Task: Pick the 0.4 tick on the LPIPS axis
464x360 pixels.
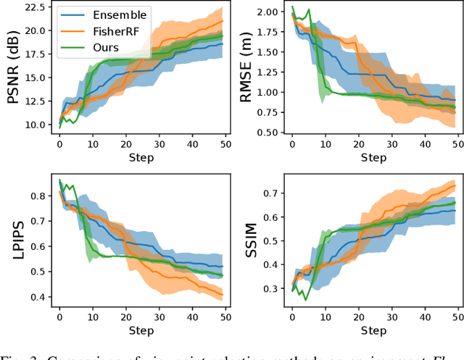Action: [39, 296]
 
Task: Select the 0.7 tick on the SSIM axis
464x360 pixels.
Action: [272, 193]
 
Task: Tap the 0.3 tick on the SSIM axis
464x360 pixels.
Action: [272, 288]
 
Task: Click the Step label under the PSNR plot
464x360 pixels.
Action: [141, 156]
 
